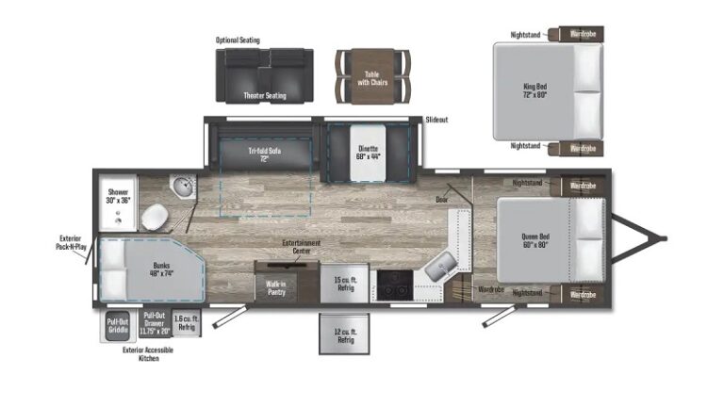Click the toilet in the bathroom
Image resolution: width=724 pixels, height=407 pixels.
(154, 220)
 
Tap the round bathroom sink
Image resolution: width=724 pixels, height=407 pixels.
(181, 187)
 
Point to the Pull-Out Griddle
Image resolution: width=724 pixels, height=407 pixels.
(118, 326)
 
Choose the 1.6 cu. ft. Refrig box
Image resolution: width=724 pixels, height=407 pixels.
(187, 323)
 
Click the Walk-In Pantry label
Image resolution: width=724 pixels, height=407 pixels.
(276, 286)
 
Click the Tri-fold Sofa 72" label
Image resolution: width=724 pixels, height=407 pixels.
(265, 154)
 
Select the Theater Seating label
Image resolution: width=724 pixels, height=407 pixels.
(265, 95)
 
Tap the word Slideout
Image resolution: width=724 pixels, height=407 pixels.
(436, 121)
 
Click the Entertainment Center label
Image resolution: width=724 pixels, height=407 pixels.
(302, 245)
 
